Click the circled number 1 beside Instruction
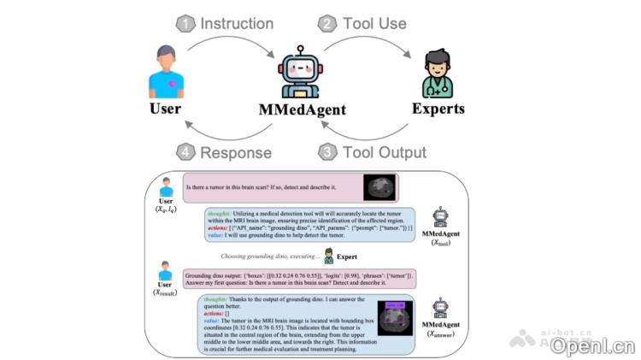[x=186, y=23]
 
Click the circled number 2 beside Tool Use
[x=328, y=23]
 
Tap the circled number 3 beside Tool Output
[x=327, y=152]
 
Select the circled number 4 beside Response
[x=185, y=153]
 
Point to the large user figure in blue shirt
[x=166, y=72]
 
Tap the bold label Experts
[x=438, y=109]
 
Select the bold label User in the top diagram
[x=166, y=109]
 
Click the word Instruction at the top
[x=238, y=23]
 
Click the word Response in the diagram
[x=236, y=153]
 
